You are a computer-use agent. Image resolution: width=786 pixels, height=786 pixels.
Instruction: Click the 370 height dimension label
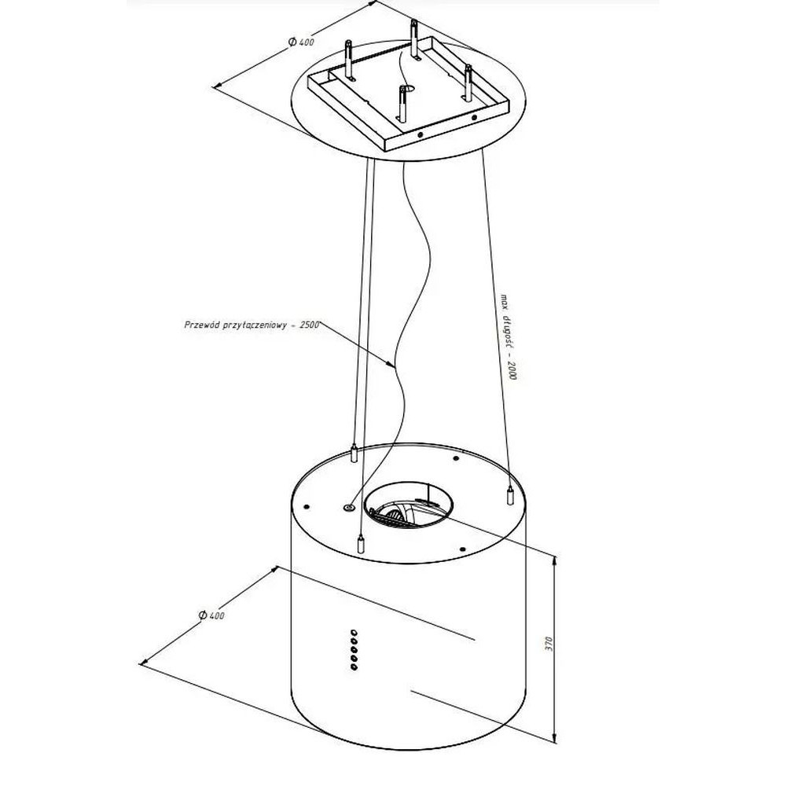(x=549, y=644)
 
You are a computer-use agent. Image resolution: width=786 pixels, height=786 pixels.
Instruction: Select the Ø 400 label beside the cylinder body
(x=211, y=615)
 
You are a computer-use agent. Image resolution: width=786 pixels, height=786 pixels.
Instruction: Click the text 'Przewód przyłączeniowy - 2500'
(x=252, y=325)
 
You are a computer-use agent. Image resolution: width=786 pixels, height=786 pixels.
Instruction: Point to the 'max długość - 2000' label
(x=508, y=336)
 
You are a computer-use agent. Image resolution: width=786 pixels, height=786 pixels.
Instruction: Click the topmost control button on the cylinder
(x=354, y=633)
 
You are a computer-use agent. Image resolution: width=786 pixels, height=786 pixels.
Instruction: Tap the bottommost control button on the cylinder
(x=354, y=667)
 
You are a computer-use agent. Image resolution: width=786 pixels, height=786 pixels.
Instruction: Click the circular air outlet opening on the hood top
(x=409, y=505)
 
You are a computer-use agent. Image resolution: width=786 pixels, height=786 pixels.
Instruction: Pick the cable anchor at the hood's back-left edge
(x=354, y=454)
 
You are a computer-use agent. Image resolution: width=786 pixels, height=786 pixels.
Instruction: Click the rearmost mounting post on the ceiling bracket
(x=414, y=40)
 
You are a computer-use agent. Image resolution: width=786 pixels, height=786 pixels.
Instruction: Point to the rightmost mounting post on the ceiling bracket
(x=469, y=83)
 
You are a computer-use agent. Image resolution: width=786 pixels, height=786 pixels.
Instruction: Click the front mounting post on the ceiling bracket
(x=403, y=103)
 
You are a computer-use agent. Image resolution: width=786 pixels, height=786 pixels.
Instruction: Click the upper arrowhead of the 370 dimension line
(x=554, y=560)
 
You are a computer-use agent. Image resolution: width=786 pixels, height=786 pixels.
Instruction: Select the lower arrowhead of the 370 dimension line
(x=554, y=737)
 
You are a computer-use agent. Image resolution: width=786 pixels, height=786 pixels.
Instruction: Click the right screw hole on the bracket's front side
(x=474, y=118)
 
